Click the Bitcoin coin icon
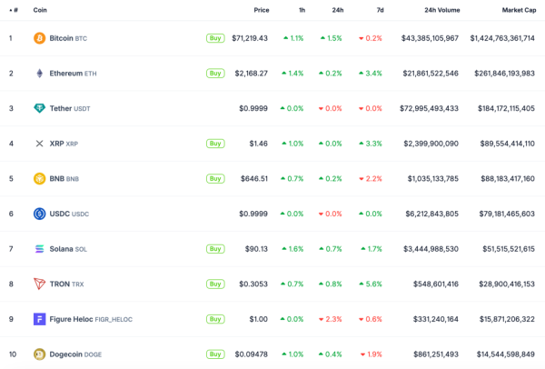tap(39, 38)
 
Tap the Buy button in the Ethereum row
tap(215, 73)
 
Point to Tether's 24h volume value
tap(429, 108)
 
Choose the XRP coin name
tap(56, 144)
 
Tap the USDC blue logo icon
tap(39, 214)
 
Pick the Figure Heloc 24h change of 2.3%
tap(332, 319)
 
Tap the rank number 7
tap(11, 248)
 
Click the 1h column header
tap(302, 10)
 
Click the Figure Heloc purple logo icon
tap(39, 319)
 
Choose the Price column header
tap(262, 10)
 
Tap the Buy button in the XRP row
tap(215, 144)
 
